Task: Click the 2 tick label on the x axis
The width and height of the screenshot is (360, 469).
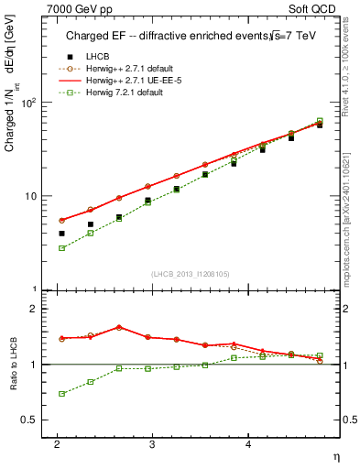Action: pyautogui.click(x=57, y=443)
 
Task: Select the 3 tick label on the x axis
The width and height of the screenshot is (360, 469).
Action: pyautogui.click(x=152, y=443)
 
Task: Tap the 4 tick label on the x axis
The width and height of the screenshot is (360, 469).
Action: pyautogui.click(x=247, y=443)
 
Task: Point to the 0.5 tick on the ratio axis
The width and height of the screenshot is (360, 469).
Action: pyautogui.click(x=30, y=420)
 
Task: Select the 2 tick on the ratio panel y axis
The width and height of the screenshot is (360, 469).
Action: pyautogui.click(x=35, y=309)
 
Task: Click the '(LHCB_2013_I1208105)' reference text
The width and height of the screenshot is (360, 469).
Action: pyautogui.click(x=190, y=275)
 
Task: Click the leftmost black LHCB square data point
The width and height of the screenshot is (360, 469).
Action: pyautogui.click(x=61, y=234)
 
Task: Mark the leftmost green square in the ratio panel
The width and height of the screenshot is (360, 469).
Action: pyautogui.click(x=61, y=394)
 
